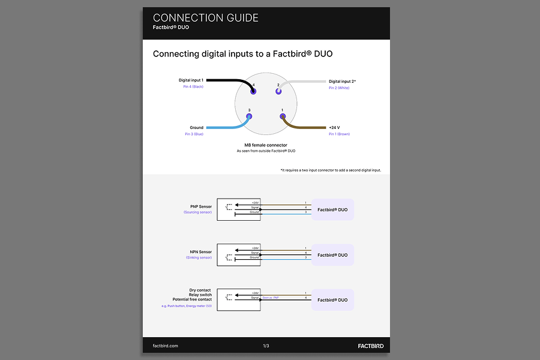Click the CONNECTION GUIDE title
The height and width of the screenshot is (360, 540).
pos(205,18)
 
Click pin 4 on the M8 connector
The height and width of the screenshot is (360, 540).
pos(253,91)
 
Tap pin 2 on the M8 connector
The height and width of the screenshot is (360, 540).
pos(278,91)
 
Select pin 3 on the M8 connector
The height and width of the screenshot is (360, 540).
pos(250,116)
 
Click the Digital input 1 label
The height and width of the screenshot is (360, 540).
pos(191,80)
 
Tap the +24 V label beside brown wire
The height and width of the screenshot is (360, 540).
pos(334,128)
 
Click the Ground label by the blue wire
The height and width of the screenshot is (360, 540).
pos(196,128)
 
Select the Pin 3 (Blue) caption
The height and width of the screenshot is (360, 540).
pos(194,134)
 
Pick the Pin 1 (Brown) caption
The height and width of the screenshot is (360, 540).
pos(339,134)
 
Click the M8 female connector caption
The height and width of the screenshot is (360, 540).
pos(266,145)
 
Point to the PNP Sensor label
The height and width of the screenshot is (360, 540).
pos(200,206)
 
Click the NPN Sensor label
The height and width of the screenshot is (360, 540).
pos(200,252)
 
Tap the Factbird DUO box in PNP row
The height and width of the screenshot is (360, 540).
pos(332,210)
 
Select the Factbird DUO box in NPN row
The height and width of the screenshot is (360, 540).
pos(332,255)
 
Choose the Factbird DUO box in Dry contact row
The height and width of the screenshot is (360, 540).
pos(332,299)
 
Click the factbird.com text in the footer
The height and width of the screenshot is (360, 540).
pos(166,346)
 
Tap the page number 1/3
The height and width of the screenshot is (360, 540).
pos(266,346)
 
